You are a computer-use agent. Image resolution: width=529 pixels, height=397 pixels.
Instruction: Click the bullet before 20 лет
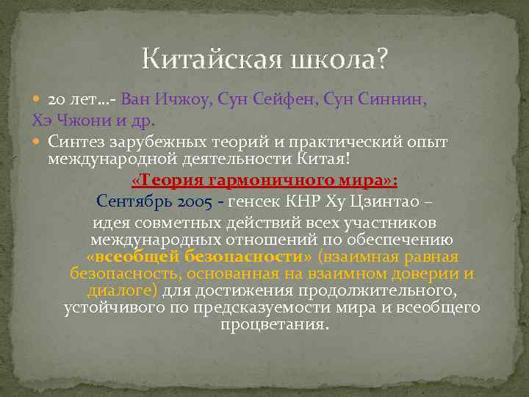(x=38, y=99)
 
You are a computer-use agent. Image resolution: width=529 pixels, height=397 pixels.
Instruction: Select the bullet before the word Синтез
(x=38, y=140)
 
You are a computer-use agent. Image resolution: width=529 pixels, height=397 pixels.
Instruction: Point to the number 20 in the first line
(x=57, y=99)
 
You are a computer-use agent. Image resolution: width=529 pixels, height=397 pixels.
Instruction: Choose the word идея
(x=112, y=222)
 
